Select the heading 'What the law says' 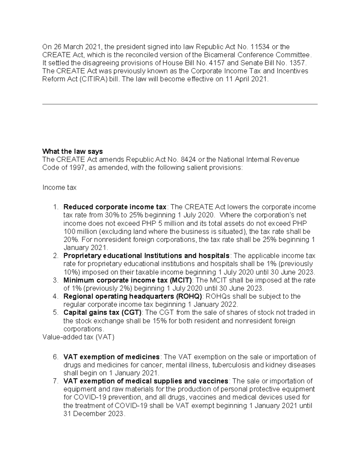73,151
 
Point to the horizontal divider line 180,104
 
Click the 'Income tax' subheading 59,188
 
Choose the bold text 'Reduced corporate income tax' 115,207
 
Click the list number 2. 55,256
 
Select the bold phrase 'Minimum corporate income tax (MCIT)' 127,280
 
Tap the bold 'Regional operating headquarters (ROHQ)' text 133,296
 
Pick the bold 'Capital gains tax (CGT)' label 102,313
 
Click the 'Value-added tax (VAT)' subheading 79,337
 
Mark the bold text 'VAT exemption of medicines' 111,357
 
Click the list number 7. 55,381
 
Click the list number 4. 55,296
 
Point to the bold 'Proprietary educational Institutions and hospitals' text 146,256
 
